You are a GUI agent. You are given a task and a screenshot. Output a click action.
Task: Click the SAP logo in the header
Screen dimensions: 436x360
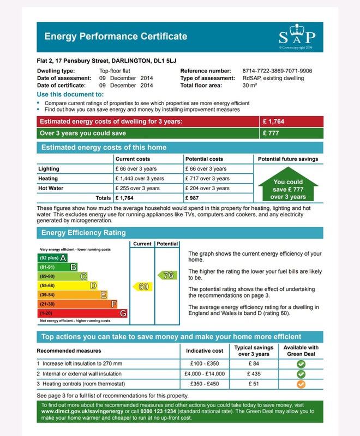pos(297,37)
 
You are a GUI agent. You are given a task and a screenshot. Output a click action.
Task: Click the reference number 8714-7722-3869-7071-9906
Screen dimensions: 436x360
pos(277,71)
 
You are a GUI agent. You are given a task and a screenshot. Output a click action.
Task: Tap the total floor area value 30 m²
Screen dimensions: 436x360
pos(250,86)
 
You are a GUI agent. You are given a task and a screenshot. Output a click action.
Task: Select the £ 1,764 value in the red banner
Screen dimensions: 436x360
pos(274,122)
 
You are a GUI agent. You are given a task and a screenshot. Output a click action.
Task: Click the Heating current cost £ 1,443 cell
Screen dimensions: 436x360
pos(139,179)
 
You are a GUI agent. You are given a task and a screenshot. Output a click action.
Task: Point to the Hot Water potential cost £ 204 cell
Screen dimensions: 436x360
pos(207,189)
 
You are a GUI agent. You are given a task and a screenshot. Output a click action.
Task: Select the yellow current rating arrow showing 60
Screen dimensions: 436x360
pos(142,286)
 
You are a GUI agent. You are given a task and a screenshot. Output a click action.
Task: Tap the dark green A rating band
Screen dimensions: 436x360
pos(52,258)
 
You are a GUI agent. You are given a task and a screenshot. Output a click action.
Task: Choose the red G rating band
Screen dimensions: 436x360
pos(82,313)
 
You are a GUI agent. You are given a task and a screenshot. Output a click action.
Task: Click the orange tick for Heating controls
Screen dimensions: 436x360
pos(301,384)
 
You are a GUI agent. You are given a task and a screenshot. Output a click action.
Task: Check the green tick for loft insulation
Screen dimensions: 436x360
pos(301,364)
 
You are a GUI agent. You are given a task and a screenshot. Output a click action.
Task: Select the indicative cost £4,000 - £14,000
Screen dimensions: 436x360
pos(205,374)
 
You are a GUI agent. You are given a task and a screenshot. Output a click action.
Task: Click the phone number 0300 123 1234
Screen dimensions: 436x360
pos(160,411)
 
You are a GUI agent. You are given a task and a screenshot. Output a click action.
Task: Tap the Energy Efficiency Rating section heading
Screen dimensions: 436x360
pos(80,233)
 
